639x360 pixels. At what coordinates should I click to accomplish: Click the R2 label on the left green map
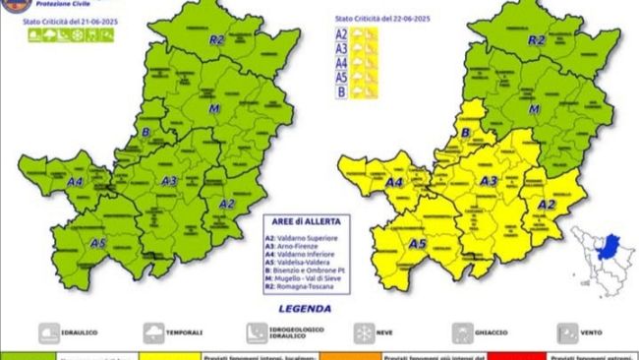(217, 40)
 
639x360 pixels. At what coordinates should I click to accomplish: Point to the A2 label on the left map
(226, 204)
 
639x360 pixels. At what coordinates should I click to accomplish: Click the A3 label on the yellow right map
(489, 181)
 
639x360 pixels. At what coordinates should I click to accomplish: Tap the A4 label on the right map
(395, 183)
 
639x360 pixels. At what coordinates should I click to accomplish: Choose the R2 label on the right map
(537, 40)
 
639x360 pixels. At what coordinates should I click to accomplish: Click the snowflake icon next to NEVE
(362, 332)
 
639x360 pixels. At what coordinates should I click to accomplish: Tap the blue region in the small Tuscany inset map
(610, 244)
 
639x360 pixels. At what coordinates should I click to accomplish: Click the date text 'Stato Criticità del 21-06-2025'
(65, 21)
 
